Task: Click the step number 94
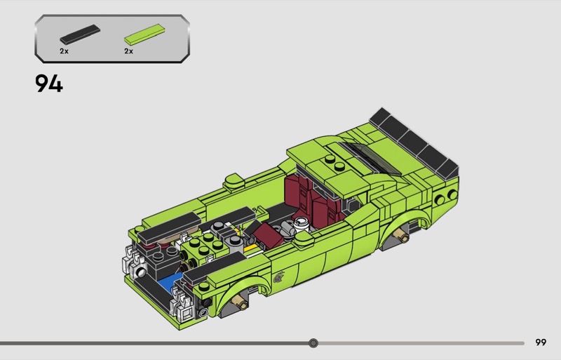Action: (48, 84)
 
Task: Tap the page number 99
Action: (541, 342)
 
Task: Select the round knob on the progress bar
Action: (313, 343)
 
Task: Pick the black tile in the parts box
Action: (80, 34)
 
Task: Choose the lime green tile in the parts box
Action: (144, 34)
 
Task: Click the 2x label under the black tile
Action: (64, 51)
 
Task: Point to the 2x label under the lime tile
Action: (128, 51)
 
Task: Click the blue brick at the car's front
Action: (169, 281)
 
